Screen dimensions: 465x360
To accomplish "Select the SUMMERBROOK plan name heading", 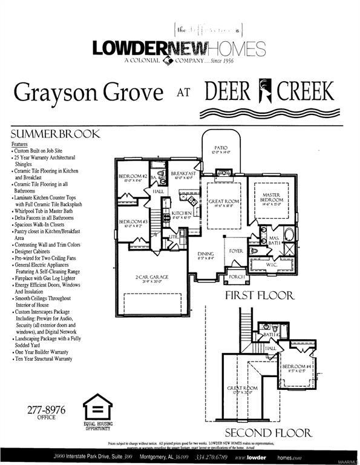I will tap(55, 134).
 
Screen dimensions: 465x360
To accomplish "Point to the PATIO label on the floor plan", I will tap(220, 147).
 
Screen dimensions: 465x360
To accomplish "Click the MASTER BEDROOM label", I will tap(271, 197).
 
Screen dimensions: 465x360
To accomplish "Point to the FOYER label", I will tap(235, 249).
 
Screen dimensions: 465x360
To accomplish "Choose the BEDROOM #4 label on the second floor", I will tap(297, 367).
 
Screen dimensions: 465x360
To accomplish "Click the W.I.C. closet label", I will tap(271, 265).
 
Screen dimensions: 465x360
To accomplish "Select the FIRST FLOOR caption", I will tap(259, 296).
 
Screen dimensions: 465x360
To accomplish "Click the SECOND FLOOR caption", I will tap(268, 433).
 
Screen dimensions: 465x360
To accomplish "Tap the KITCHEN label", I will tap(182, 213).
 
